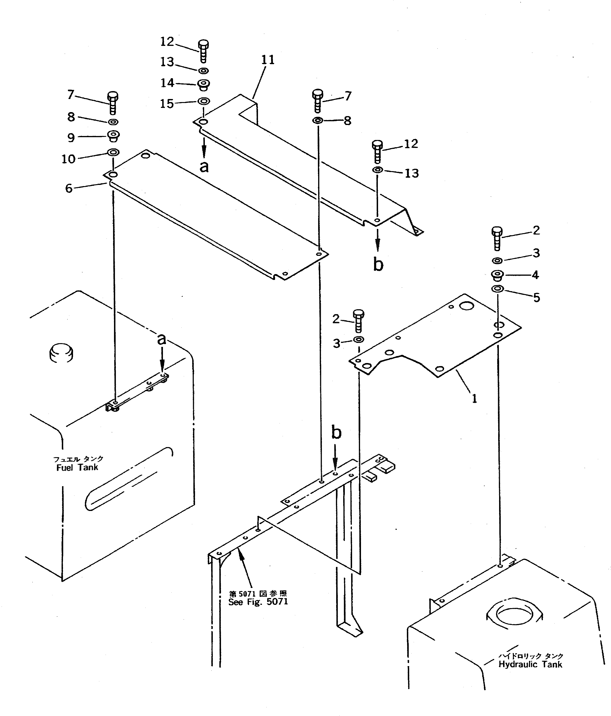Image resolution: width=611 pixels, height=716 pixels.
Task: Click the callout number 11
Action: coord(268,60)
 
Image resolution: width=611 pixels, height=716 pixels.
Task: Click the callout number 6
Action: coord(69,188)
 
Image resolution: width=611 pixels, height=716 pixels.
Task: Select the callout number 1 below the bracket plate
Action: coord(475,399)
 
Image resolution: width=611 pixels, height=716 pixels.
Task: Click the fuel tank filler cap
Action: coord(61,353)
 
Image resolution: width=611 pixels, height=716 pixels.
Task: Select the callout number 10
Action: coord(68,159)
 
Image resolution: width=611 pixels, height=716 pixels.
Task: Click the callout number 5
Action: coord(536,297)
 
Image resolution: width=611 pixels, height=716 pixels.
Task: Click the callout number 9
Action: coord(71,138)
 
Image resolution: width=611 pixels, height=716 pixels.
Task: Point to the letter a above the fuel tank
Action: coord(161,339)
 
